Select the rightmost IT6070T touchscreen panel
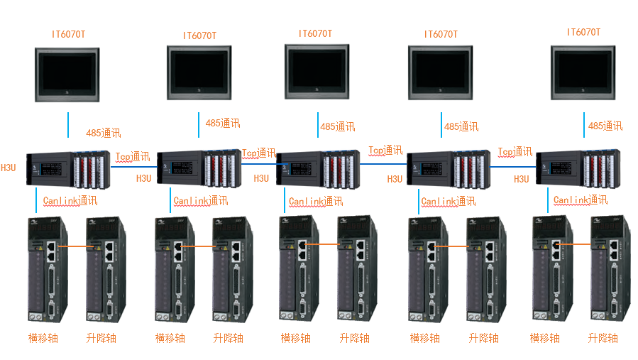(x=583, y=71)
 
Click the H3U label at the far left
(x=8, y=168)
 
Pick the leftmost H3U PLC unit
(x=68, y=168)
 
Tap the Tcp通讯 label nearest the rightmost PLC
(x=515, y=152)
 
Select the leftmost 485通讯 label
(x=104, y=133)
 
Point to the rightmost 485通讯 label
(x=605, y=126)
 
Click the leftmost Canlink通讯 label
(x=70, y=201)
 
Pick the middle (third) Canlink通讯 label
(x=316, y=202)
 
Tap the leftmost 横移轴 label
(x=43, y=338)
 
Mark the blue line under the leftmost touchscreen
(x=68, y=124)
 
